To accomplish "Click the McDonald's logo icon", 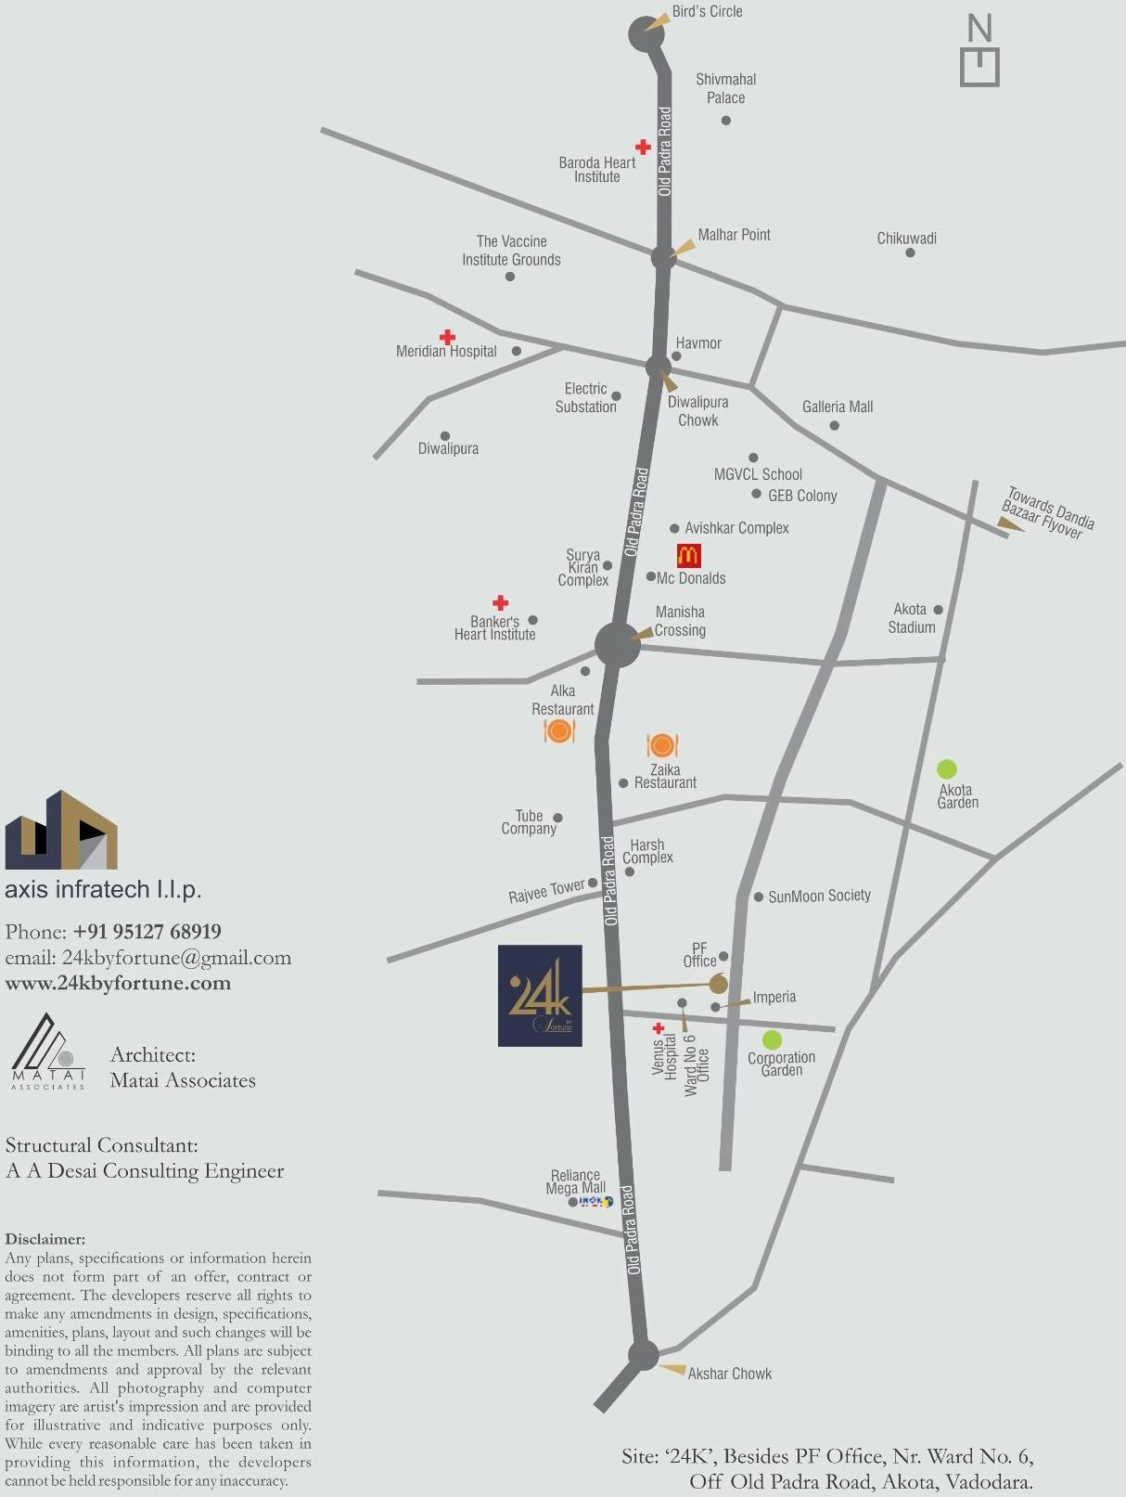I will point(688,555).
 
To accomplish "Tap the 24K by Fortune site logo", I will point(540,995).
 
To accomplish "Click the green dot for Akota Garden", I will point(946,768).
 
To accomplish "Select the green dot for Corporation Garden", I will point(772,1039).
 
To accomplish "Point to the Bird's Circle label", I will point(707,11).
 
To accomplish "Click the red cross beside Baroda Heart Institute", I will point(643,147).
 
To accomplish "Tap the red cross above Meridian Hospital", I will point(447,336).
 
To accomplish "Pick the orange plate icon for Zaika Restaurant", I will point(662,745).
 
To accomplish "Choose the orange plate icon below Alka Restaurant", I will point(559,731).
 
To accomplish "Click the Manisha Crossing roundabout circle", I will point(617,644).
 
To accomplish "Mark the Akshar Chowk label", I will point(729,1374).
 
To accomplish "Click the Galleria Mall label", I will point(838,407).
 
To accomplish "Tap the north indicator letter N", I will point(979,28).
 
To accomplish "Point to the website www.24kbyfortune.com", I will point(118,983).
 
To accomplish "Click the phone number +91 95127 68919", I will point(147,931).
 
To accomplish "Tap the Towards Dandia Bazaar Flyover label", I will point(1048,512).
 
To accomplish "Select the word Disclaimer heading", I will point(45,1239).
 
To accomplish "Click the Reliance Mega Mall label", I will point(575,1181).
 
